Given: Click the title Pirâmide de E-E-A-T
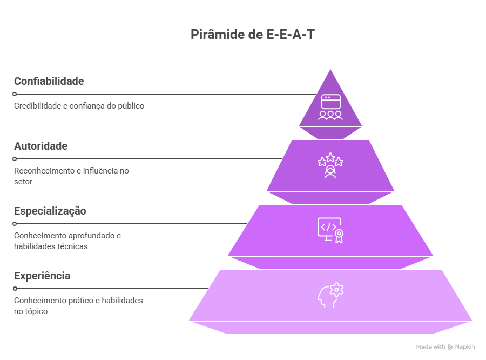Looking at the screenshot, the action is point(253,34).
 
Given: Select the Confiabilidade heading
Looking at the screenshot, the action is point(49,81).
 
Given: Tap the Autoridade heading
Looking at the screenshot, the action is point(40,146).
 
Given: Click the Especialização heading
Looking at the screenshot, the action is point(50,211).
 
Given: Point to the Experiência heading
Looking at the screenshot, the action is point(42,276).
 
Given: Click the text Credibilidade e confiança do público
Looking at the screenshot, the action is point(79,106).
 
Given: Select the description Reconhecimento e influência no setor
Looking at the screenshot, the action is point(71,176).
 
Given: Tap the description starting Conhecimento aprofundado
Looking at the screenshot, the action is point(67,241).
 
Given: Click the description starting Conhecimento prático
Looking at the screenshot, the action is point(78,306).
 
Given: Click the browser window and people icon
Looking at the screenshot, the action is point(330,107).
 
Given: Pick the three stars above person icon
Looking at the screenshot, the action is point(330,165).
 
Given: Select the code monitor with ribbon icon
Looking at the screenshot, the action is point(330,230).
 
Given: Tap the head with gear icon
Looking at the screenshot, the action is point(330,295).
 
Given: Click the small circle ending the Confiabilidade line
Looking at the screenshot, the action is point(15,94).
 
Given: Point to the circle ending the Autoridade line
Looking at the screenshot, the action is point(15,159).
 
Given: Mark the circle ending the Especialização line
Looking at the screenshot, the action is point(15,224).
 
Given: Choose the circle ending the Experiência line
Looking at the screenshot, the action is point(15,289).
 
